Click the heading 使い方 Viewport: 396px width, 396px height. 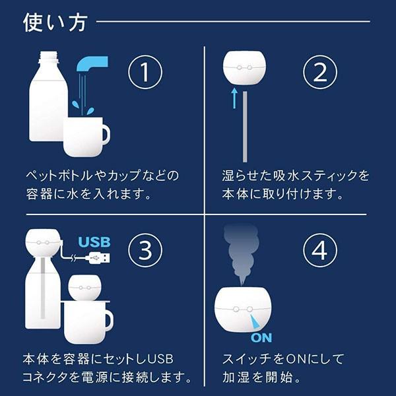pos(55,22)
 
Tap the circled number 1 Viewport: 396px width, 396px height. pos(145,72)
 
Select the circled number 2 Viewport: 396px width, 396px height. pos(320,72)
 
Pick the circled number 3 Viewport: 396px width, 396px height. pos(145,250)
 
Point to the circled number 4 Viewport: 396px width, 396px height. pos(320,250)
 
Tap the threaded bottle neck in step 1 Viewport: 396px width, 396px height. pos(49,57)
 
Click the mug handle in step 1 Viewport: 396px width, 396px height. pos(106,133)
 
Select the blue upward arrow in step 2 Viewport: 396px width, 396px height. pos(234,98)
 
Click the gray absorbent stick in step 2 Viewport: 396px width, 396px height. pos(245,127)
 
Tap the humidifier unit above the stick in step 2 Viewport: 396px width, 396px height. pos(244,68)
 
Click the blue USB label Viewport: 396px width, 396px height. pos(94,242)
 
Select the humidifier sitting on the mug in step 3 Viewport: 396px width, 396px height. pos(84,287)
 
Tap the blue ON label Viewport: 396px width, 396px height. pos(261,338)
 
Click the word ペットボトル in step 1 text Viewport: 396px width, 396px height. pos(59,176)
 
